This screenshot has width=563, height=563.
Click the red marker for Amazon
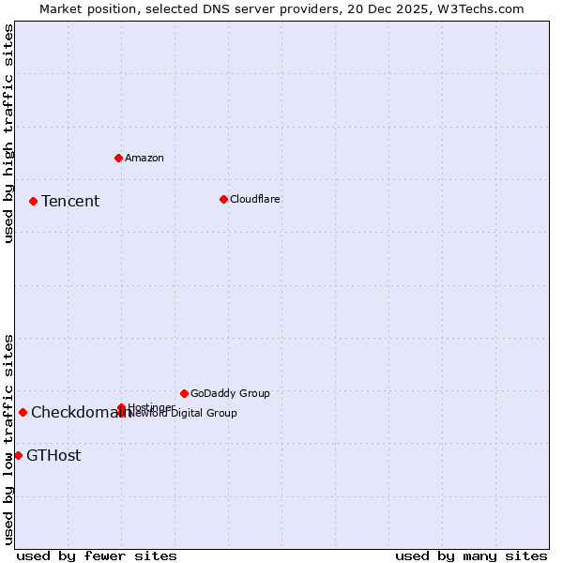pyautogui.click(x=118, y=158)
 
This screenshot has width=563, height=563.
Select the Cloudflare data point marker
pyautogui.click(x=223, y=199)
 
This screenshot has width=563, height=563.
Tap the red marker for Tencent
pyautogui.click(x=33, y=201)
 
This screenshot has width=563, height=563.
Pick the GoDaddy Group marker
pyautogui.click(x=184, y=393)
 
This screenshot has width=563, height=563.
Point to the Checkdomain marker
pyautogui.click(x=23, y=412)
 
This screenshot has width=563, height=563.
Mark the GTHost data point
pyautogui.click(x=18, y=455)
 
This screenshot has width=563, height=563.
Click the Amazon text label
pyautogui.click(x=145, y=158)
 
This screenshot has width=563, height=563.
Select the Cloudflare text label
pyautogui.click(x=255, y=199)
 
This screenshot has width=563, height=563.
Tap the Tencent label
pyautogui.click(x=70, y=201)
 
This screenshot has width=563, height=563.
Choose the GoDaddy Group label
pyautogui.click(x=230, y=393)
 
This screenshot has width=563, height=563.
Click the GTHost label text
pyautogui.click(x=53, y=455)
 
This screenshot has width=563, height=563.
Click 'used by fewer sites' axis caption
pyautogui.click(x=97, y=555)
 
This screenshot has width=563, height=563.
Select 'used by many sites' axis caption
pyautogui.click(x=471, y=555)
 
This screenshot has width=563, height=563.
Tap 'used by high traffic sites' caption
pyautogui.click(x=8, y=133)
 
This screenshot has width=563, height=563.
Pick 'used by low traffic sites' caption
pyautogui.click(x=8, y=438)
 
